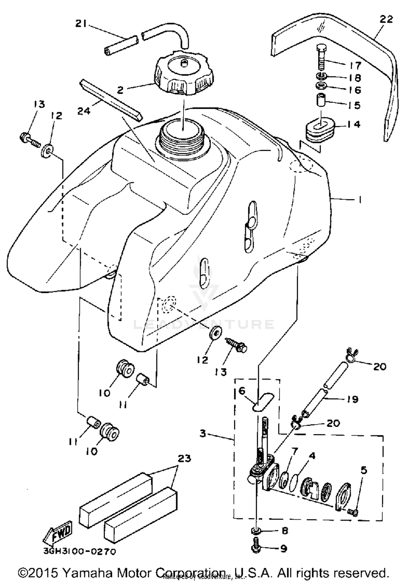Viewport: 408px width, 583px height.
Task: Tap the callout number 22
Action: click(386, 20)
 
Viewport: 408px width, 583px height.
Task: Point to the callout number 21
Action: click(81, 24)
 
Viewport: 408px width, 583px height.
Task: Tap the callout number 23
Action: click(184, 459)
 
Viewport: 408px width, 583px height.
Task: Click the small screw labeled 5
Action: click(353, 512)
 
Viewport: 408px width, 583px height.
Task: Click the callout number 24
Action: click(84, 111)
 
